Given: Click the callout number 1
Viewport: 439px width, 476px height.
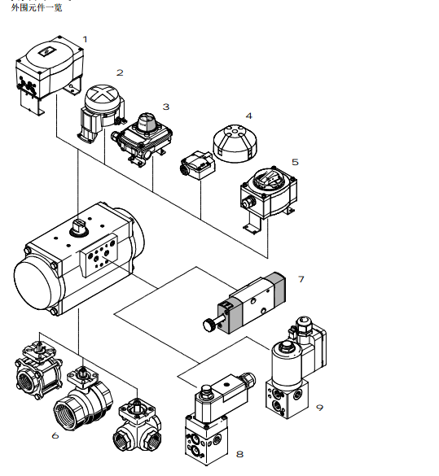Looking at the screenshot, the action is click(x=85, y=40).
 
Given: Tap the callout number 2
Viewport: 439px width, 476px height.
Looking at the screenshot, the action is click(x=120, y=73).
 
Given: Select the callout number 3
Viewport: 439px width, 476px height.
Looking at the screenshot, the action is click(x=166, y=107).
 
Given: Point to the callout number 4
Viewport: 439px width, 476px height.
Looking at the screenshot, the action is click(x=248, y=116).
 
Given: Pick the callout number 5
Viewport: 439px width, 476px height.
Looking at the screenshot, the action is click(x=295, y=162).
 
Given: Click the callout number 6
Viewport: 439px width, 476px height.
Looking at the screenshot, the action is click(x=55, y=436).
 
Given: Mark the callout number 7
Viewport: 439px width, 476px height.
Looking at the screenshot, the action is click(x=301, y=279).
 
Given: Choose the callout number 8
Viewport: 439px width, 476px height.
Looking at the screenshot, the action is click(x=239, y=455).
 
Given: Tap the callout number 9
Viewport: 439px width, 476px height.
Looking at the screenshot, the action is click(x=319, y=408).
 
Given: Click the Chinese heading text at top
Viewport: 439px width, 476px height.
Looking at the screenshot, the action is click(x=37, y=7).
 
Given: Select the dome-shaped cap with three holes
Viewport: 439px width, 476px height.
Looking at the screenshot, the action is click(x=235, y=142).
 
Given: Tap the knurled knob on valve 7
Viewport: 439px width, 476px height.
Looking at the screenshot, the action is click(x=209, y=325).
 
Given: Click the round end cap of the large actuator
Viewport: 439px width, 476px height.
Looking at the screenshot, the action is click(x=37, y=282).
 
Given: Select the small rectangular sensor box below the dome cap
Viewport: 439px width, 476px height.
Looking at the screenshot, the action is click(x=197, y=165).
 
